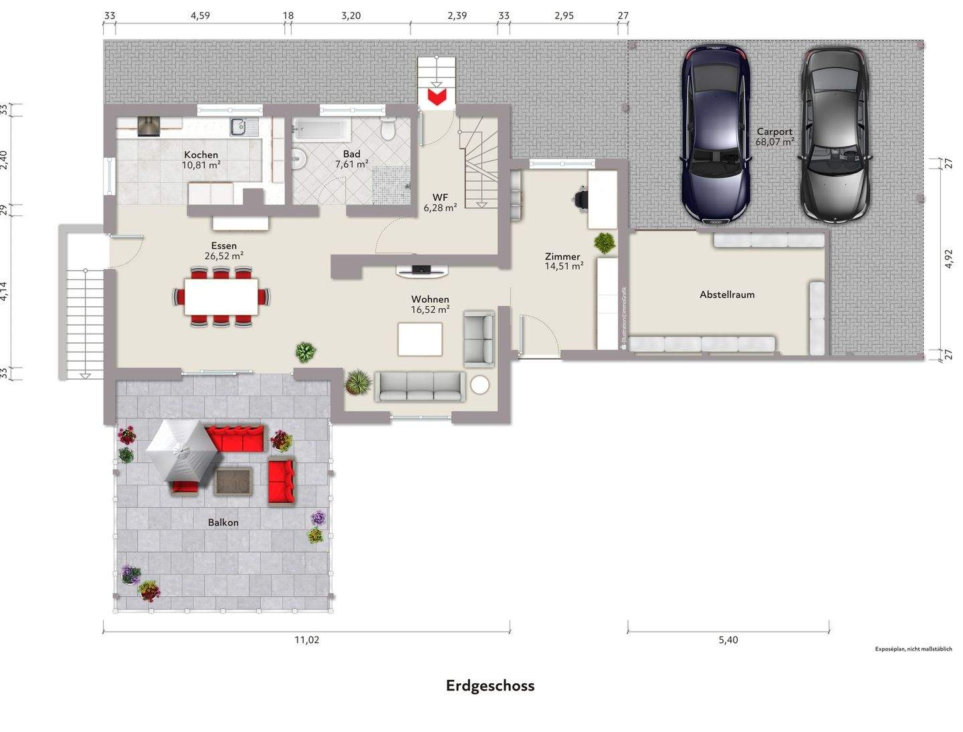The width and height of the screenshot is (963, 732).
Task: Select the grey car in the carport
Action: pyautogui.click(x=835, y=134)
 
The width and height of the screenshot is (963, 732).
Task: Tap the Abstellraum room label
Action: pyautogui.click(x=727, y=294)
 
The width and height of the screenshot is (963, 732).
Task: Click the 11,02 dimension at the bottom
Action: pyautogui.click(x=307, y=640)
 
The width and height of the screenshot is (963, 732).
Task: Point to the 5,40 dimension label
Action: pyautogui.click(x=728, y=640)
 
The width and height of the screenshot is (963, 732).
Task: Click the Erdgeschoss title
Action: pyautogui.click(x=490, y=686)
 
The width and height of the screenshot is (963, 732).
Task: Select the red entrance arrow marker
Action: pyautogui.click(x=437, y=98)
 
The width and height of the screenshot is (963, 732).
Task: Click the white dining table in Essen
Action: pyautogui.click(x=221, y=296)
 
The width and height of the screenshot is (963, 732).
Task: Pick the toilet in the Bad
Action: pyautogui.click(x=388, y=128)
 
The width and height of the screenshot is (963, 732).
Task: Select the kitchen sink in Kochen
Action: pyautogui.click(x=238, y=126)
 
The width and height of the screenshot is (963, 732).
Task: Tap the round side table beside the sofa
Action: pyautogui.click(x=479, y=384)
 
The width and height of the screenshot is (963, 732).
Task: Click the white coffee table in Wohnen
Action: pyautogui.click(x=420, y=339)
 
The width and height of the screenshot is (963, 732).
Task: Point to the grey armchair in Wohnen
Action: pyautogui.click(x=479, y=338)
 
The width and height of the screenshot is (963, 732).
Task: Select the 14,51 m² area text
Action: pyautogui.click(x=564, y=266)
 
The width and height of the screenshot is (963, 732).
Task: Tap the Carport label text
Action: pyautogui.click(x=774, y=132)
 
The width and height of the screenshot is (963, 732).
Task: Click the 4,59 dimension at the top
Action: pyautogui.click(x=200, y=15)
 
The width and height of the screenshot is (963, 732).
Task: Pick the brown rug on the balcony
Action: pyautogui.click(x=233, y=481)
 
